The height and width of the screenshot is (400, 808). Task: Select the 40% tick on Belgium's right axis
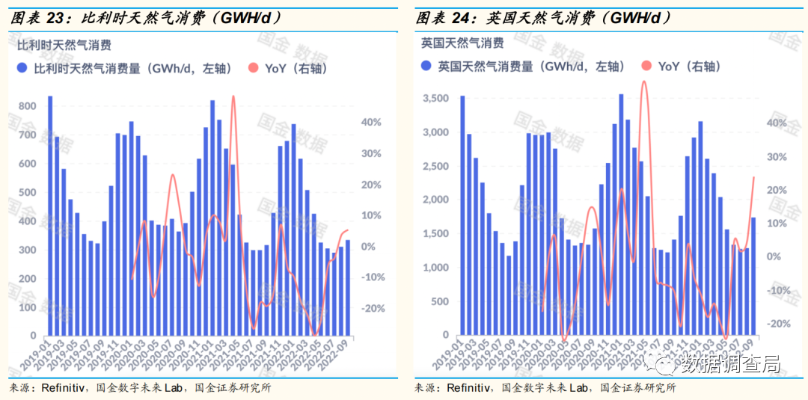(372, 122)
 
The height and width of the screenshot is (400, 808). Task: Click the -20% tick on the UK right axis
(778, 324)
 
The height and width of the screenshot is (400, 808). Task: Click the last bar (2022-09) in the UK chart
(753, 276)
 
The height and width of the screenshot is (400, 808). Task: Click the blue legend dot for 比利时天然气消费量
(22, 69)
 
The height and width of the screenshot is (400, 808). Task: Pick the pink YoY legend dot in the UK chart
(646, 67)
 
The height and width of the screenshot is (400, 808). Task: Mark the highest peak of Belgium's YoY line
(233, 97)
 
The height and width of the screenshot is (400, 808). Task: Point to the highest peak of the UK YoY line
(643, 81)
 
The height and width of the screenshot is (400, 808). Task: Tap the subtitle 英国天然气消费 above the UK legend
(462, 43)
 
